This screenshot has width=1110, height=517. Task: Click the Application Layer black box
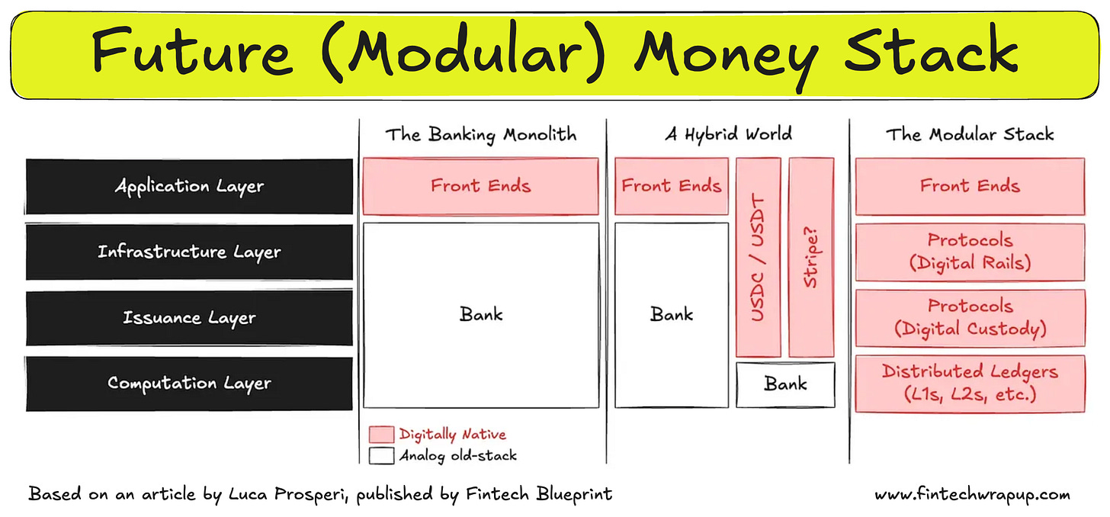[x=189, y=186]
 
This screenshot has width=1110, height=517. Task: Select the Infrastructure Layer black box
[x=189, y=252]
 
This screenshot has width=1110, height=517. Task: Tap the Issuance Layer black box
[x=189, y=317]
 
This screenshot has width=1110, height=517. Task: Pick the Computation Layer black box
[x=189, y=383]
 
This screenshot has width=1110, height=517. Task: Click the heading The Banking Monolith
[x=480, y=135]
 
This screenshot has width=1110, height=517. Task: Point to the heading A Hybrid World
[x=728, y=134]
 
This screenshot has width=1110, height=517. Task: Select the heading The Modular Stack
[x=969, y=135]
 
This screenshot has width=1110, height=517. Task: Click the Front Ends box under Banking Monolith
[x=480, y=186]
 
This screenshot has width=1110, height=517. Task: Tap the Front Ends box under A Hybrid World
[x=671, y=186]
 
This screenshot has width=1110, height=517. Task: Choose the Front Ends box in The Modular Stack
[x=970, y=186]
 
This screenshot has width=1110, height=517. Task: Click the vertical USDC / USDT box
[x=759, y=257]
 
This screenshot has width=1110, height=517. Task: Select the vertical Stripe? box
[x=811, y=257]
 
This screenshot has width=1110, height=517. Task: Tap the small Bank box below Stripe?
[x=785, y=384]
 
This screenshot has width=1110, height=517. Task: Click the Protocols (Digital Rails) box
[x=970, y=252]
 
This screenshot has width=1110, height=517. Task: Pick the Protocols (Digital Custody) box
[x=970, y=317]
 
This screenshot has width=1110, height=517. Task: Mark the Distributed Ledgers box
[x=970, y=383]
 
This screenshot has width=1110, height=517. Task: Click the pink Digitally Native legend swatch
[x=380, y=435]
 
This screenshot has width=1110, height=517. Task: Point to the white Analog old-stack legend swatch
[x=380, y=456]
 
